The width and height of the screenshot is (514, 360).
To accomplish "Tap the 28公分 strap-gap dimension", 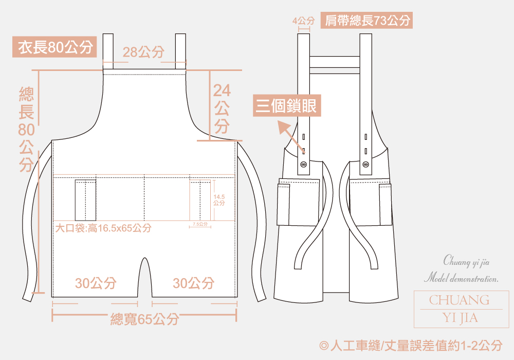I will click(144, 52).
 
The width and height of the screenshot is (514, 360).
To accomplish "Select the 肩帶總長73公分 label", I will click(368, 21).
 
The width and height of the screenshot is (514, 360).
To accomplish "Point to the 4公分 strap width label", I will click(303, 21).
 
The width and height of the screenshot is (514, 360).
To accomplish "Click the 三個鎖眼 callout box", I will click(288, 106).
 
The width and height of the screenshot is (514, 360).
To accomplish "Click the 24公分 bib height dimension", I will click(222, 108).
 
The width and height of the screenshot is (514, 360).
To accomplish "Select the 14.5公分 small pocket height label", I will click(219, 200).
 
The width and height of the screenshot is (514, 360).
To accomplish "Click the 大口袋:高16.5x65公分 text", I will click(103, 228).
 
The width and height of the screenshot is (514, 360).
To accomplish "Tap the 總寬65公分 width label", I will click(144, 319).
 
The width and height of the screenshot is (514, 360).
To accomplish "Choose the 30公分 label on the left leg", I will click(96, 283).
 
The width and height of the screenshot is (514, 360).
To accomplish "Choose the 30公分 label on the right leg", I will click(193, 283).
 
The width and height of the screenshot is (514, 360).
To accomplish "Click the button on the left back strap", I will click(303, 165).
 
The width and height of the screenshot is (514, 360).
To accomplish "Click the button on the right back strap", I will click(365, 165).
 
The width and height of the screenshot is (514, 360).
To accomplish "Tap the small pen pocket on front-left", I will click(86, 200).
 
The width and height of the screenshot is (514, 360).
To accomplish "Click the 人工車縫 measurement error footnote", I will click(411, 346).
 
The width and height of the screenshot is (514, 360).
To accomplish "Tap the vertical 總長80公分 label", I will click(26, 130).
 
